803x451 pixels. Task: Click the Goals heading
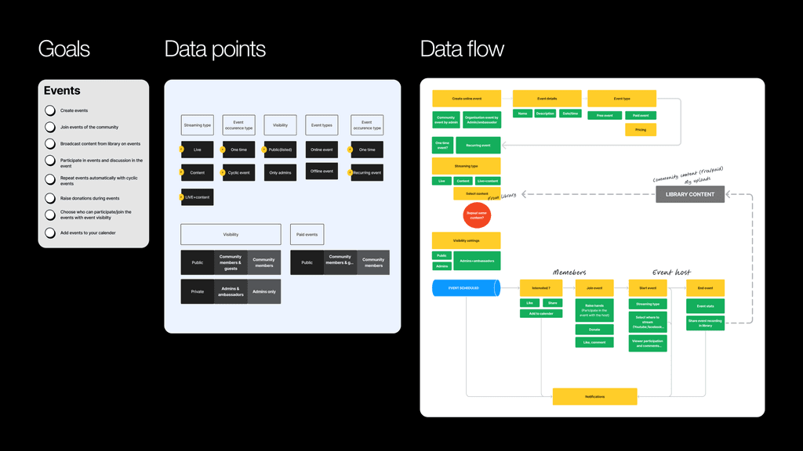click(x=64, y=49)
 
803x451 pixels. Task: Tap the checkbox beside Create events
click(x=50, y=110)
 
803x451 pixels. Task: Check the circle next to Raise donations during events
click(x=50, y=198)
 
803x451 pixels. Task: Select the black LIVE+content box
click(x=197, y=197)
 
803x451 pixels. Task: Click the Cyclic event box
click(x=239, y=172)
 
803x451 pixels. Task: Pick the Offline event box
click(x=322, y=171)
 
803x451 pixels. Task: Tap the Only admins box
click(x=280, y=172)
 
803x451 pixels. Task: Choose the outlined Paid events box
click(x=307, y=234)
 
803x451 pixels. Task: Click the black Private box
click(x=197, y=291)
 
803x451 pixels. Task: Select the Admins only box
click(x=264, y=291)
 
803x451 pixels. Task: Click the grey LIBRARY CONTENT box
click(x=690, y=194)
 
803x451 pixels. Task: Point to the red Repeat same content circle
click(x=476, y=215)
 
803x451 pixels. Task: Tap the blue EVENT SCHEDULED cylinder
click(x=466, y=288)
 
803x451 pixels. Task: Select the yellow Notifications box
click(x=594, y=397)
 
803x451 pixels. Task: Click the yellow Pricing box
click(x=641, y=129)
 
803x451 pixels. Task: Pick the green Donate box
click(x=594, y=330)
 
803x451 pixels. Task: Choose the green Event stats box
click(x=706, y=306)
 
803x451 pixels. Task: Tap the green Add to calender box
click(x=541, y=313)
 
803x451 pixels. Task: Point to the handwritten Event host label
click(x=671, y=272)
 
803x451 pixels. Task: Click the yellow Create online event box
click(x=467, y=99)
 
